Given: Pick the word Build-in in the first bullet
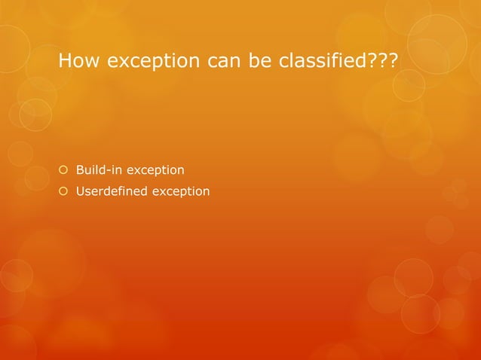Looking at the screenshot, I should [99, 169].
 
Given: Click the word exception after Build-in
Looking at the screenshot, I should [155, 170].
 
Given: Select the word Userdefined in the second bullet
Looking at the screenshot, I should [112, 191].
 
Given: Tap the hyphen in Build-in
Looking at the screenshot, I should [109, 170].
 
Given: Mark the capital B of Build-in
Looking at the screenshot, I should [80, 169].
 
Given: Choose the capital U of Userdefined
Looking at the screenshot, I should [80, 191].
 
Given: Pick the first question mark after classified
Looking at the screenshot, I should [379, 59].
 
